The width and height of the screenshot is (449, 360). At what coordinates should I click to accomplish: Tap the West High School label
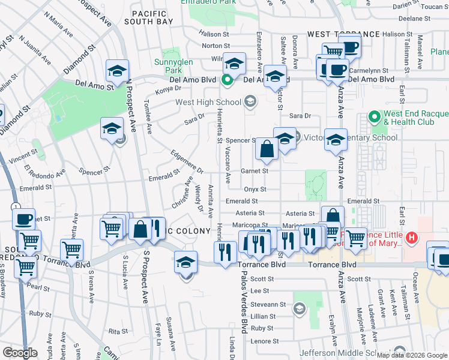(x=208, y=102)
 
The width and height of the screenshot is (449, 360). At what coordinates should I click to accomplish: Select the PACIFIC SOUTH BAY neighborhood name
(x=149, y=17)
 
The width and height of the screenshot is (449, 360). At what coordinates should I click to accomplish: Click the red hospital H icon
(x=411, y=238)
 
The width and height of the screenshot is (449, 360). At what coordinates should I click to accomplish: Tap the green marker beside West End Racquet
(x=374, y=114)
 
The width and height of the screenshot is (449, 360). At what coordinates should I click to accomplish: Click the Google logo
(x=20, y=353)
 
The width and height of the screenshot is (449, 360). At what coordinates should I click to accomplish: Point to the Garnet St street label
(x=255, y=170)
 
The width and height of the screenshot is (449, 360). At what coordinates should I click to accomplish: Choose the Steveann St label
(x=264, y=305)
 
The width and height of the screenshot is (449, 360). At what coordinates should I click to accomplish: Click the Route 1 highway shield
(x=14, y=206)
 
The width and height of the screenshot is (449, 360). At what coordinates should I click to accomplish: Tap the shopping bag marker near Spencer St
(x=267, y=150)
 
